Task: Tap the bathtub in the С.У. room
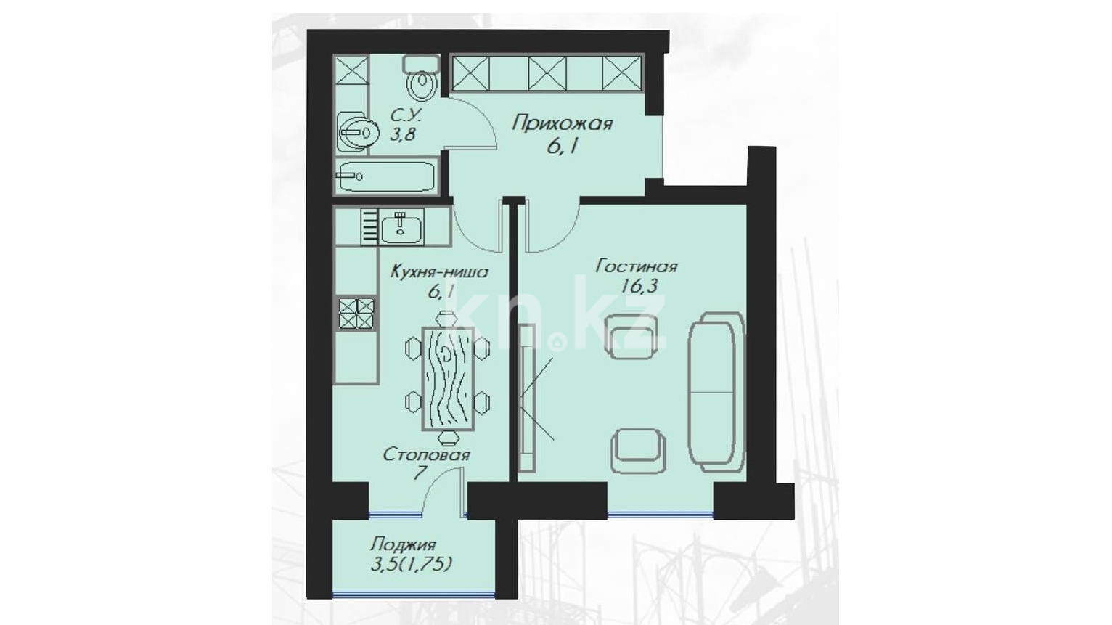[385, 176]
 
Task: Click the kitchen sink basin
[401, 227]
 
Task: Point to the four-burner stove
[356, 314]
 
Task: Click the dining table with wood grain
[448, 378]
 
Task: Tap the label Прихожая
[563, 123]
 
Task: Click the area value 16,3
[642, 287]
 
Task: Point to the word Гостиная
[637, 266]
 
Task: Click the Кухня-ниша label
[440, 272]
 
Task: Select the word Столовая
[426, 454]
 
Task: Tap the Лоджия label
[403, 544]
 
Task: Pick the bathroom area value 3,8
[402, 134]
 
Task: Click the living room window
[661, 515]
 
